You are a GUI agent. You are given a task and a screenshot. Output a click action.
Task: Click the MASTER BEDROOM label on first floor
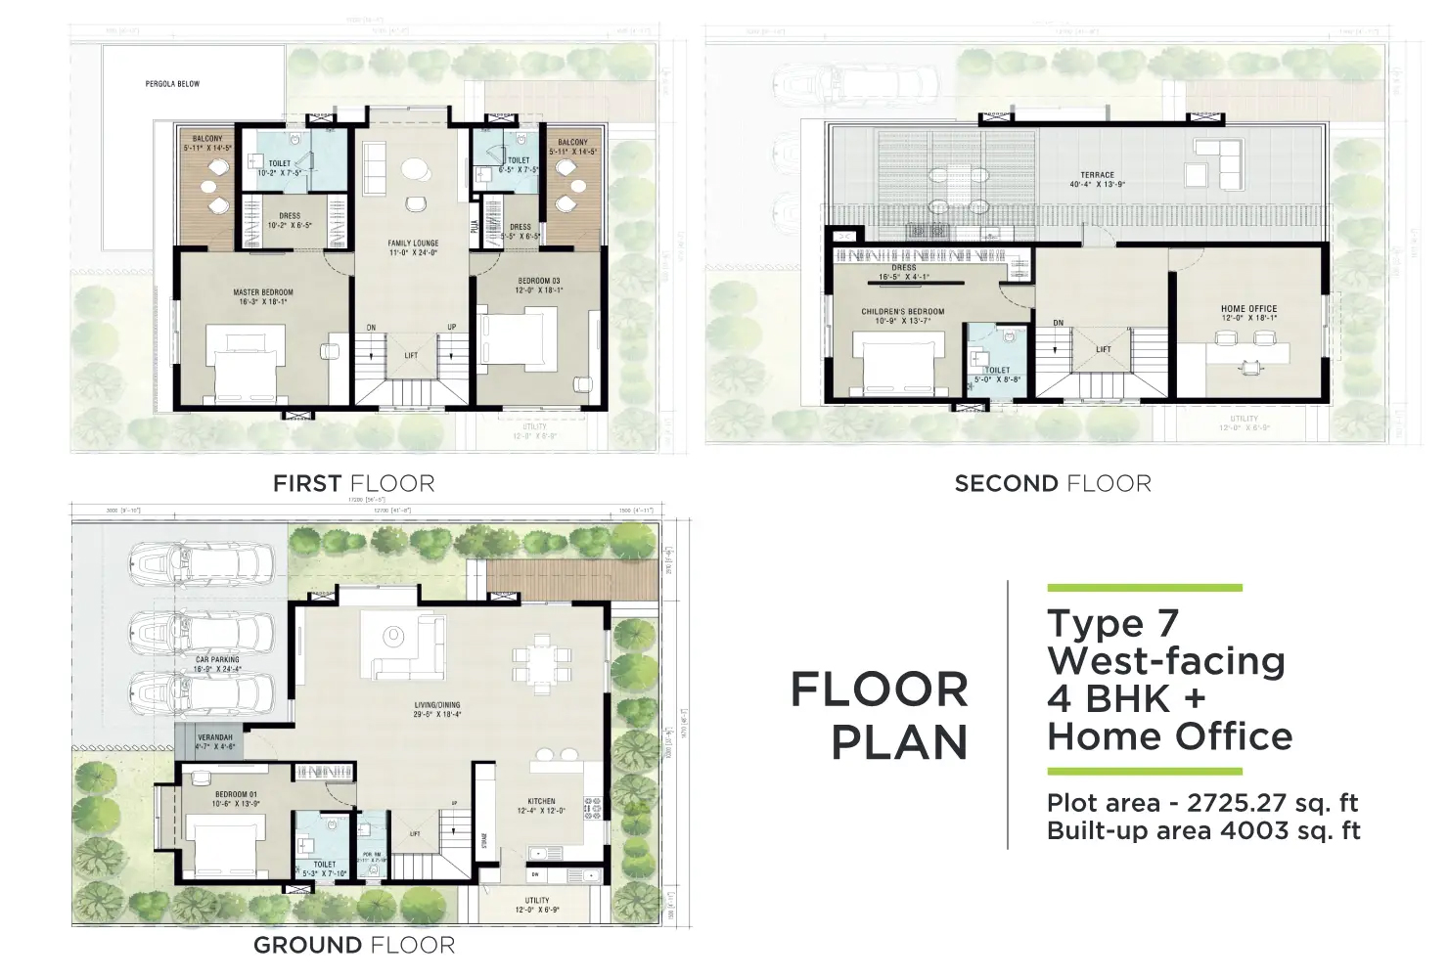pyautogui.click(x=262, y=292)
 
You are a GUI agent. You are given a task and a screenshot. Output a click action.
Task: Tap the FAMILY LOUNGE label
pyautogui.click(x=413, y=244)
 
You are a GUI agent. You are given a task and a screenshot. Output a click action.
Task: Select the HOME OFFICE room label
pyautogui.click(x=1248, y=309)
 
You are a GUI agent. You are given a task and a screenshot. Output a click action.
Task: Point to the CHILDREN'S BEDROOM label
pyautogui.click(x=903, y=312)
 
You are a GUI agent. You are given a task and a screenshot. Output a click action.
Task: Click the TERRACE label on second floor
pyautogui.click(x=1097, y=176)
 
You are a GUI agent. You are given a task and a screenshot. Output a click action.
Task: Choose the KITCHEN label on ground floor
pyautogui.click(x=541, y=801)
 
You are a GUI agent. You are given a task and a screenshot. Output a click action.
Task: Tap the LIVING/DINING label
pyautogui.click(x=436, y=705)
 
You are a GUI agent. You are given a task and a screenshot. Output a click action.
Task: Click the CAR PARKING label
pyautogui.click(x=217, y=660)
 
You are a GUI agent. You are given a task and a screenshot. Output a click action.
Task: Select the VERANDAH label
pyautogui.click(x=215, y=737)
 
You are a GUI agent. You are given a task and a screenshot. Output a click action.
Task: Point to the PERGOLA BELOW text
pyautogui.click(x=172, y=84)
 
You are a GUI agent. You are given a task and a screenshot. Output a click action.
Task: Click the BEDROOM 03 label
pyautogui.click(x=539, y=282)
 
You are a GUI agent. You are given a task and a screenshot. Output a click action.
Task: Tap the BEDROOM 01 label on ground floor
pyautogui.click(x=236, y=795)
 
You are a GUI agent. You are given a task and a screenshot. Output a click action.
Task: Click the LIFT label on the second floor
pyautogui.click(x=1103, y=349)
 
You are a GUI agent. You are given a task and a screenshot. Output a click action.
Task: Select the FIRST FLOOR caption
pyautogui.click(x=353, y=483)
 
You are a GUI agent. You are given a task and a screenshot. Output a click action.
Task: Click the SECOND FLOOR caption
pyautogui.click(x=1053, y=483)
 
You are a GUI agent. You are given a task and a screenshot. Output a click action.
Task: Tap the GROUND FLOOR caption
pyautogui.click(x=353, y=945)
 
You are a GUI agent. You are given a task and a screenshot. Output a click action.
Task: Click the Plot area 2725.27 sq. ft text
pyautogui.click(x=1202, y=803)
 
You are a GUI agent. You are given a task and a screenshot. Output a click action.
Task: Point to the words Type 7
pyautogui.click(x=1113, y=623)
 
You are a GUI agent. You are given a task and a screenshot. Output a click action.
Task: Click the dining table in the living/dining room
pyautogui.click(x=540, y=661)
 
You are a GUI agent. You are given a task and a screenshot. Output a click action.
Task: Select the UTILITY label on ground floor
pyautogui.click(x=537, y=901)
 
